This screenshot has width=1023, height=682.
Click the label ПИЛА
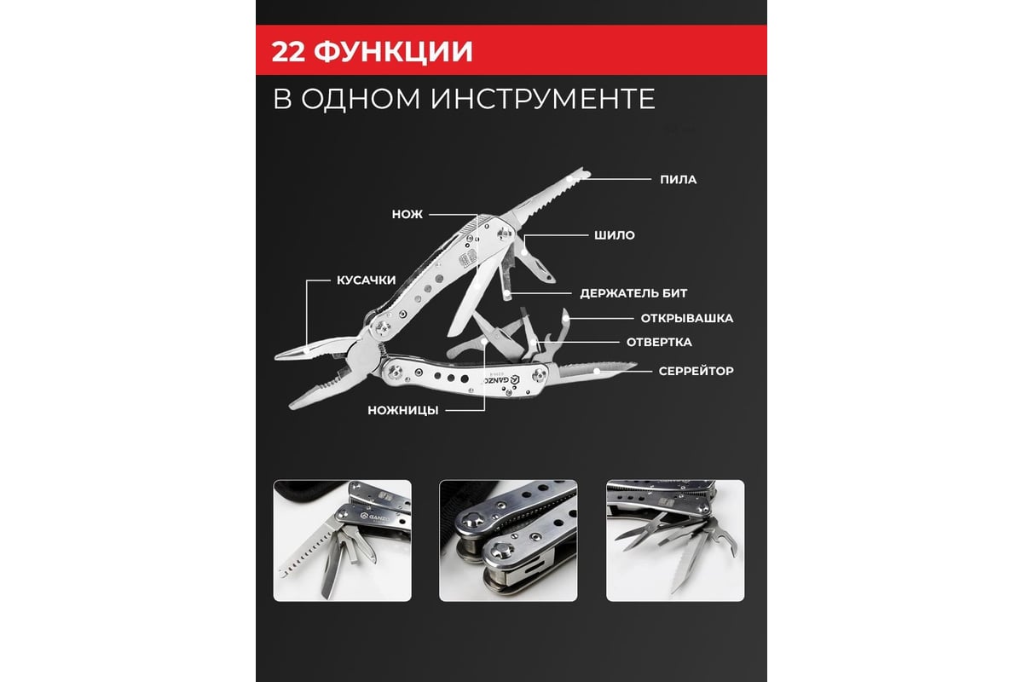[679, 180]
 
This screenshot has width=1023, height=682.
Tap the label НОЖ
[407, 214]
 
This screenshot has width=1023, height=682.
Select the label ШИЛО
[615, 235]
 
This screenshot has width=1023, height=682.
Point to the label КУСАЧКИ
[366, 280]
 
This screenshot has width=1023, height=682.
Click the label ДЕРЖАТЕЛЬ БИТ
[633, 293]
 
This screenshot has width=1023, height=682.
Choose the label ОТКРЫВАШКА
[687, 318]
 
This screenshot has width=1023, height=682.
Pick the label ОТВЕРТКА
[659, 342]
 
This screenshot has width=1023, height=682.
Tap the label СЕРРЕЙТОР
[696, 371]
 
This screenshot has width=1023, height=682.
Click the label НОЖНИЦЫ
[402, 410]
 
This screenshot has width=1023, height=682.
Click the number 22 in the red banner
[288, 51]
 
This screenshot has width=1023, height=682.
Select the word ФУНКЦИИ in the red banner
[393, 52]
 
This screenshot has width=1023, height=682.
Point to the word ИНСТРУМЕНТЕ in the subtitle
[543, 99]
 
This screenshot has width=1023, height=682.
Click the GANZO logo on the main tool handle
[502, 379]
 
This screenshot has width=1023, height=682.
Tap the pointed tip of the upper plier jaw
[276, 356]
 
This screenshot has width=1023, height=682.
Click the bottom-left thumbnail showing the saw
[342, 540]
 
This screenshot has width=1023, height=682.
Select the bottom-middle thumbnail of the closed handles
[508, 540]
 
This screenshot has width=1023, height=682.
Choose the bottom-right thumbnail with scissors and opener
[675, 540]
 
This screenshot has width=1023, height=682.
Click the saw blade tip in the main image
[586, 171]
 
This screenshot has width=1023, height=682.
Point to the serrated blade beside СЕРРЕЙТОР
[596, 370]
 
